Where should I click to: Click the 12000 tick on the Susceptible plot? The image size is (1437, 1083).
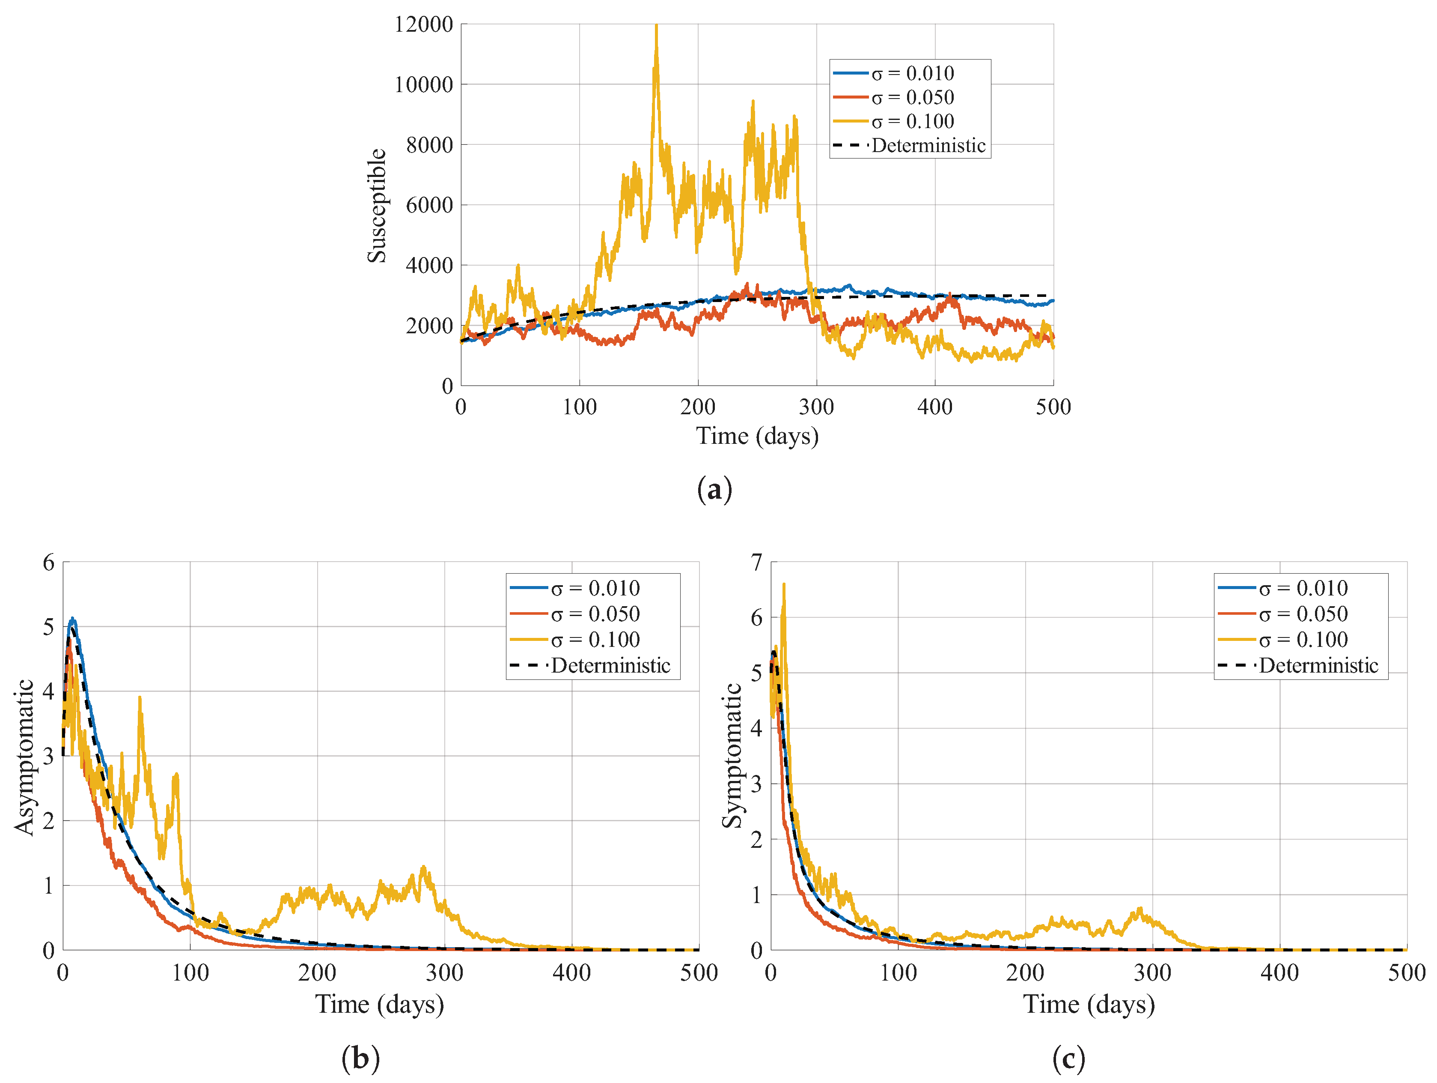pyautogui.click(x=423, y=25)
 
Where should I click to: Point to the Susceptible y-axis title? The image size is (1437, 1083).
pyautogui.click(x=377, y=206)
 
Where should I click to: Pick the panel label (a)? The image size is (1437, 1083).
pyautogui.click(x=714, y=489)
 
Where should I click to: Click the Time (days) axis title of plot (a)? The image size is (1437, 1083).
pyautogui.click(x=757, y=436)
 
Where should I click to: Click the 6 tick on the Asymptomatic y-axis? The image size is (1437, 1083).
pyautogui.click(x=49, y=562)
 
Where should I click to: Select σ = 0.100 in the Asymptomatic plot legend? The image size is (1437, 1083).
pyautogui.click(x=595, y=640)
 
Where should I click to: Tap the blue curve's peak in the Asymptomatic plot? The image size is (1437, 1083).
pyautogui.click(x=73, y=619)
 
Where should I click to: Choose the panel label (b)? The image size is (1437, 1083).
pyautogui.click(x=360, y=1058)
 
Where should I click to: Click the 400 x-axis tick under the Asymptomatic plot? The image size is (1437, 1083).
pyautogui.click(x=572, y=972)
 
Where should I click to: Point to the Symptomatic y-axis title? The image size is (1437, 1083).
pyautogui.click(x=732, y=755)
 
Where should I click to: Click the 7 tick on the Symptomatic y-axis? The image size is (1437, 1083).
pyautogui.click(x=756, y=562)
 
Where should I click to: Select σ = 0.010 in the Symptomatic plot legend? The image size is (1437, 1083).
pyautogui.click(x=1303, y=588)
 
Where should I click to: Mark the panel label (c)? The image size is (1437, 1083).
pyautogui.click(x=1069, y=1058)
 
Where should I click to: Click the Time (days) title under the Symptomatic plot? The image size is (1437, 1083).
pyautogui.click(x=1089, y=1004)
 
